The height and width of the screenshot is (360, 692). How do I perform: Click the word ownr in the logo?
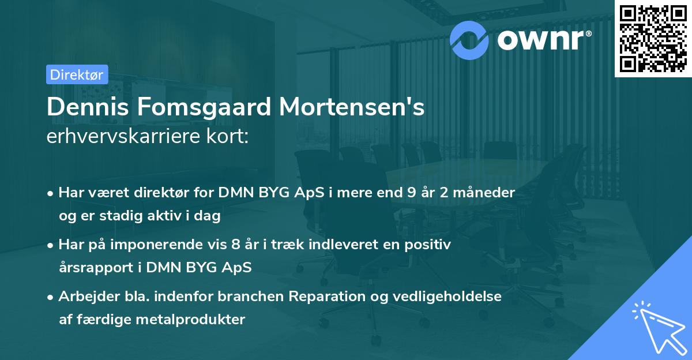pyautogui.click(x=542, y=39)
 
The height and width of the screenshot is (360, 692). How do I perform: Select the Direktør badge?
pyautogui.click(x=77, y=74)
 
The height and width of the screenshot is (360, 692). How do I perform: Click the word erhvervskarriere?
pyautogui.click(x=121, y=137)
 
